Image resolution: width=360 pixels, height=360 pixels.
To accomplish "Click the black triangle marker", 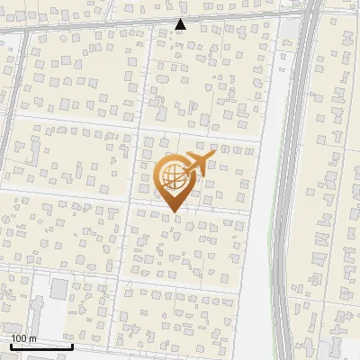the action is pyautogui.click(x=181, y=24).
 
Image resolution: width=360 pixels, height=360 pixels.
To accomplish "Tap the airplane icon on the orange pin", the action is pyautogui.click(x=198, y=162).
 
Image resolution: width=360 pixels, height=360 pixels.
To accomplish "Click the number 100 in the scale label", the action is pyautogui.click(x=20, y=338).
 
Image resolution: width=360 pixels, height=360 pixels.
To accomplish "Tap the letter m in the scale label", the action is pyautogui.click(x=33, y=338).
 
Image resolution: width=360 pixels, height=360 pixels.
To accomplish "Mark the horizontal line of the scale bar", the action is pyautogui.click(x=41, y=346).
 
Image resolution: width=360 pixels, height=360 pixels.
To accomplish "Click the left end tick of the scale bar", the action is pyautogui.click(x=11, y=345).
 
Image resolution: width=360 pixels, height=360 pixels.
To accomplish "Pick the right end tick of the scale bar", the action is pyautogui.click(x=72, y=345).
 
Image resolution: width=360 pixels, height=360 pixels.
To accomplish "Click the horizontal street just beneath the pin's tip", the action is pyautogui.click(x=180, y=214).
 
